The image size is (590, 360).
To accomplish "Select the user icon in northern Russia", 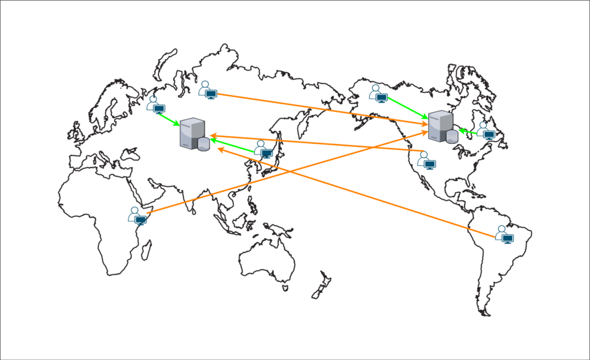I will click(x=207, y=89).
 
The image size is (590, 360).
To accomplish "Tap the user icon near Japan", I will click(x=263, y=149).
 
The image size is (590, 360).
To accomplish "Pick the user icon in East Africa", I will click(x=137, y=215).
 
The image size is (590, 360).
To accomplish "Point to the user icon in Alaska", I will click(x=378, y=93).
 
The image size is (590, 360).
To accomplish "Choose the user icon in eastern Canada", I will click(x=486, y=131).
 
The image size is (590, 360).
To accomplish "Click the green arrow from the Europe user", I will click(x=169, y=119).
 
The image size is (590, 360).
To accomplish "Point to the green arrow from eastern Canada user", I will click(x=468, y=132).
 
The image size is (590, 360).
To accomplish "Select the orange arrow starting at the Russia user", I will click(x=323, y=109).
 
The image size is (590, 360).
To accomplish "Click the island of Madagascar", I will click(x=146, y=249).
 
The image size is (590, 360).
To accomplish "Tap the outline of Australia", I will click(x=265, y=259).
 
